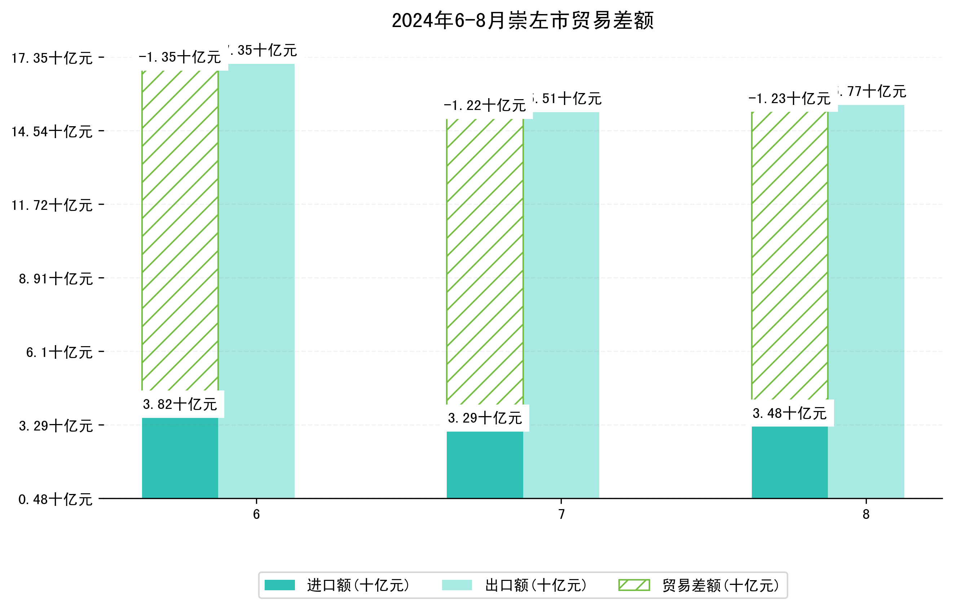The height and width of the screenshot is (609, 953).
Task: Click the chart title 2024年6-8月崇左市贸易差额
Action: click(522, 21)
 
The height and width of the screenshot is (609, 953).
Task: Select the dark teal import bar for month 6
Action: click(180, 458)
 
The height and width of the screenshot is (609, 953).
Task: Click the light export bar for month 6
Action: click(256, 281)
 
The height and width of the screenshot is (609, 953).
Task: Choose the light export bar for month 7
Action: click(561, 305)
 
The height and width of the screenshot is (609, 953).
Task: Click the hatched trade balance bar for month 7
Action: click(485, 261)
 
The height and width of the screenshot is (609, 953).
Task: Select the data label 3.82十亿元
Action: click(180, 405)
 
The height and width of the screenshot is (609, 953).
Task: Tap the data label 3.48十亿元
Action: click(790, 414)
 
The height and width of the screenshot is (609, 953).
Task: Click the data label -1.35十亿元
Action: click(180, 57)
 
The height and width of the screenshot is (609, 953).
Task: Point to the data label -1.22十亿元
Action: click(485, 106)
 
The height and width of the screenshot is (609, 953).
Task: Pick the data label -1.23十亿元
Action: click(790, 98)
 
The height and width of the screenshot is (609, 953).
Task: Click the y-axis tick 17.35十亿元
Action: click(52, 58)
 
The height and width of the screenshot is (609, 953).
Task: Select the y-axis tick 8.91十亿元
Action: click(56, 279)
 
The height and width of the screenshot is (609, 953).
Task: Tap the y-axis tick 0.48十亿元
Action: click(56, 499)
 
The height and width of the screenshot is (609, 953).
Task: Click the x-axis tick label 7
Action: click(561, 515)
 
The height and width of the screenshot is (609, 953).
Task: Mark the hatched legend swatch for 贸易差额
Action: click(634, 585)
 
